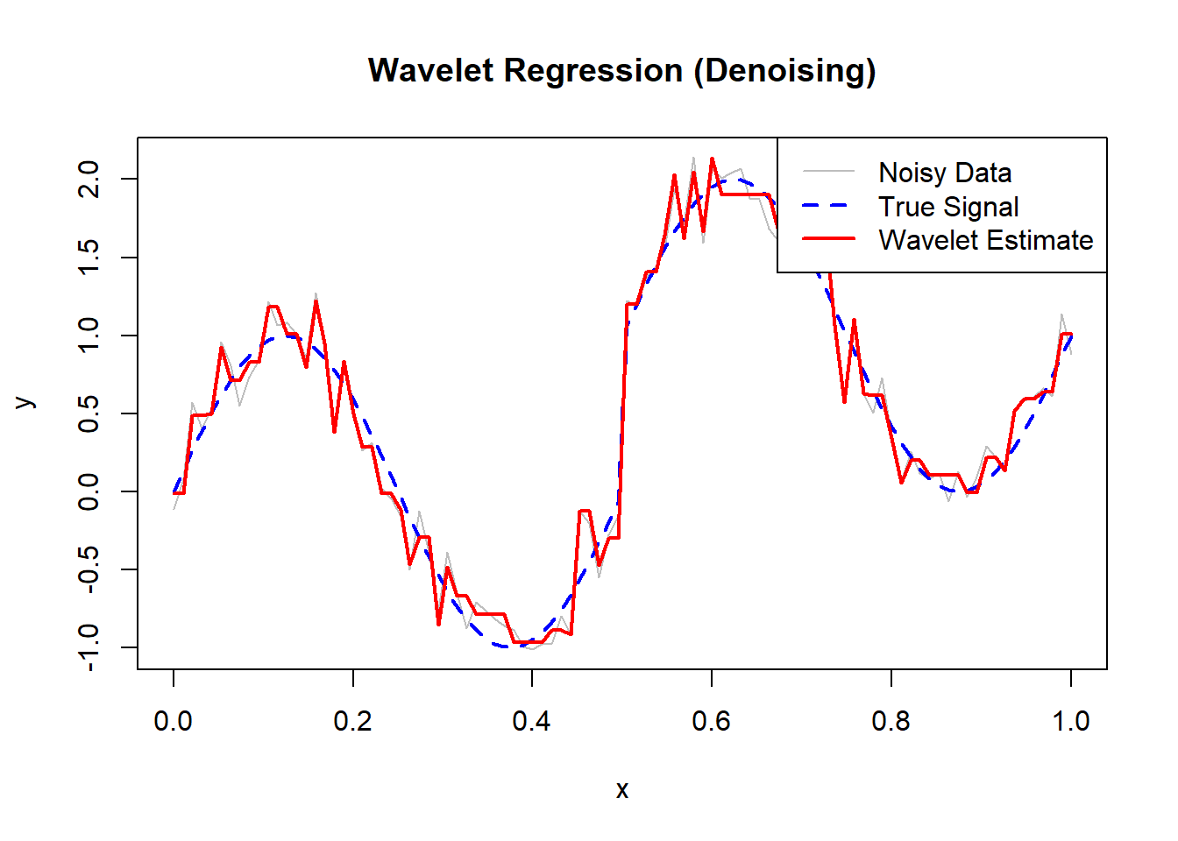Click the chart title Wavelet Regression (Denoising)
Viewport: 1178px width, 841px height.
coord(621,70)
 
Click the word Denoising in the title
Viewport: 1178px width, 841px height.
coord(784,70)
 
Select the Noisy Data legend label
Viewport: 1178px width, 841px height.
coord(945,173)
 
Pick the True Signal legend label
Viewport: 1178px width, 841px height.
coord(948,207)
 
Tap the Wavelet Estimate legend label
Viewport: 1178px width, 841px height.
coord(986,240)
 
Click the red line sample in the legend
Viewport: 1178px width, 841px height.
coord(828,238)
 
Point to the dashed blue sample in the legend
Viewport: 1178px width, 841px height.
coord(828,205)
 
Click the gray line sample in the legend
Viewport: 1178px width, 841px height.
coord(828,172)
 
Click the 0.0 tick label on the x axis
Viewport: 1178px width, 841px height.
coord(174,721)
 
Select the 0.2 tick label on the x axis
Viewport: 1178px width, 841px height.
coord(352,721)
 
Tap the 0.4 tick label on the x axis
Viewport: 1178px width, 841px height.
coord(532,721)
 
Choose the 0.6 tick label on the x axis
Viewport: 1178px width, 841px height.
coord(712,721)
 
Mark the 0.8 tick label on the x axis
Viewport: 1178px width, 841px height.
coord(891,721)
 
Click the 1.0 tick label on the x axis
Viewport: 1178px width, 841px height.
coord(1070,721)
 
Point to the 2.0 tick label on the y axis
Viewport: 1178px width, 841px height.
coord(89,180)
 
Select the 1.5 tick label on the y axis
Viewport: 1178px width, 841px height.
coord(89,258)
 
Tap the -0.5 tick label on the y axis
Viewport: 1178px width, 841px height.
coord(89,569)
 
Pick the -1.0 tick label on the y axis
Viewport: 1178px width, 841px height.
coord(89,647)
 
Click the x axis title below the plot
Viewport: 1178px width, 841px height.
coord(621,790)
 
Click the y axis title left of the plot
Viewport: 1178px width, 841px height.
coord(26,403)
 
